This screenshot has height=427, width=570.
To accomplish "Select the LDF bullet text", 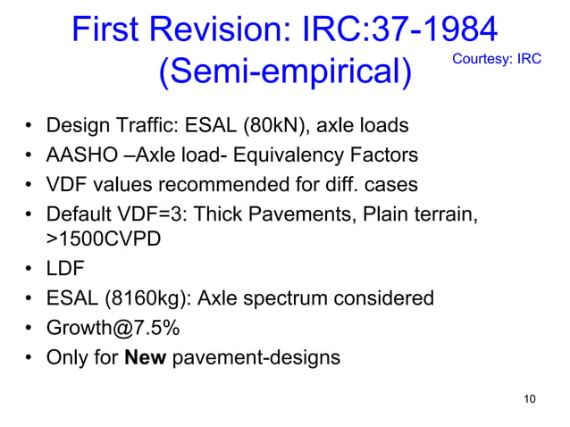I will [x=64, y=269].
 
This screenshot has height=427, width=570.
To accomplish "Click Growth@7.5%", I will [x=113, y=328].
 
